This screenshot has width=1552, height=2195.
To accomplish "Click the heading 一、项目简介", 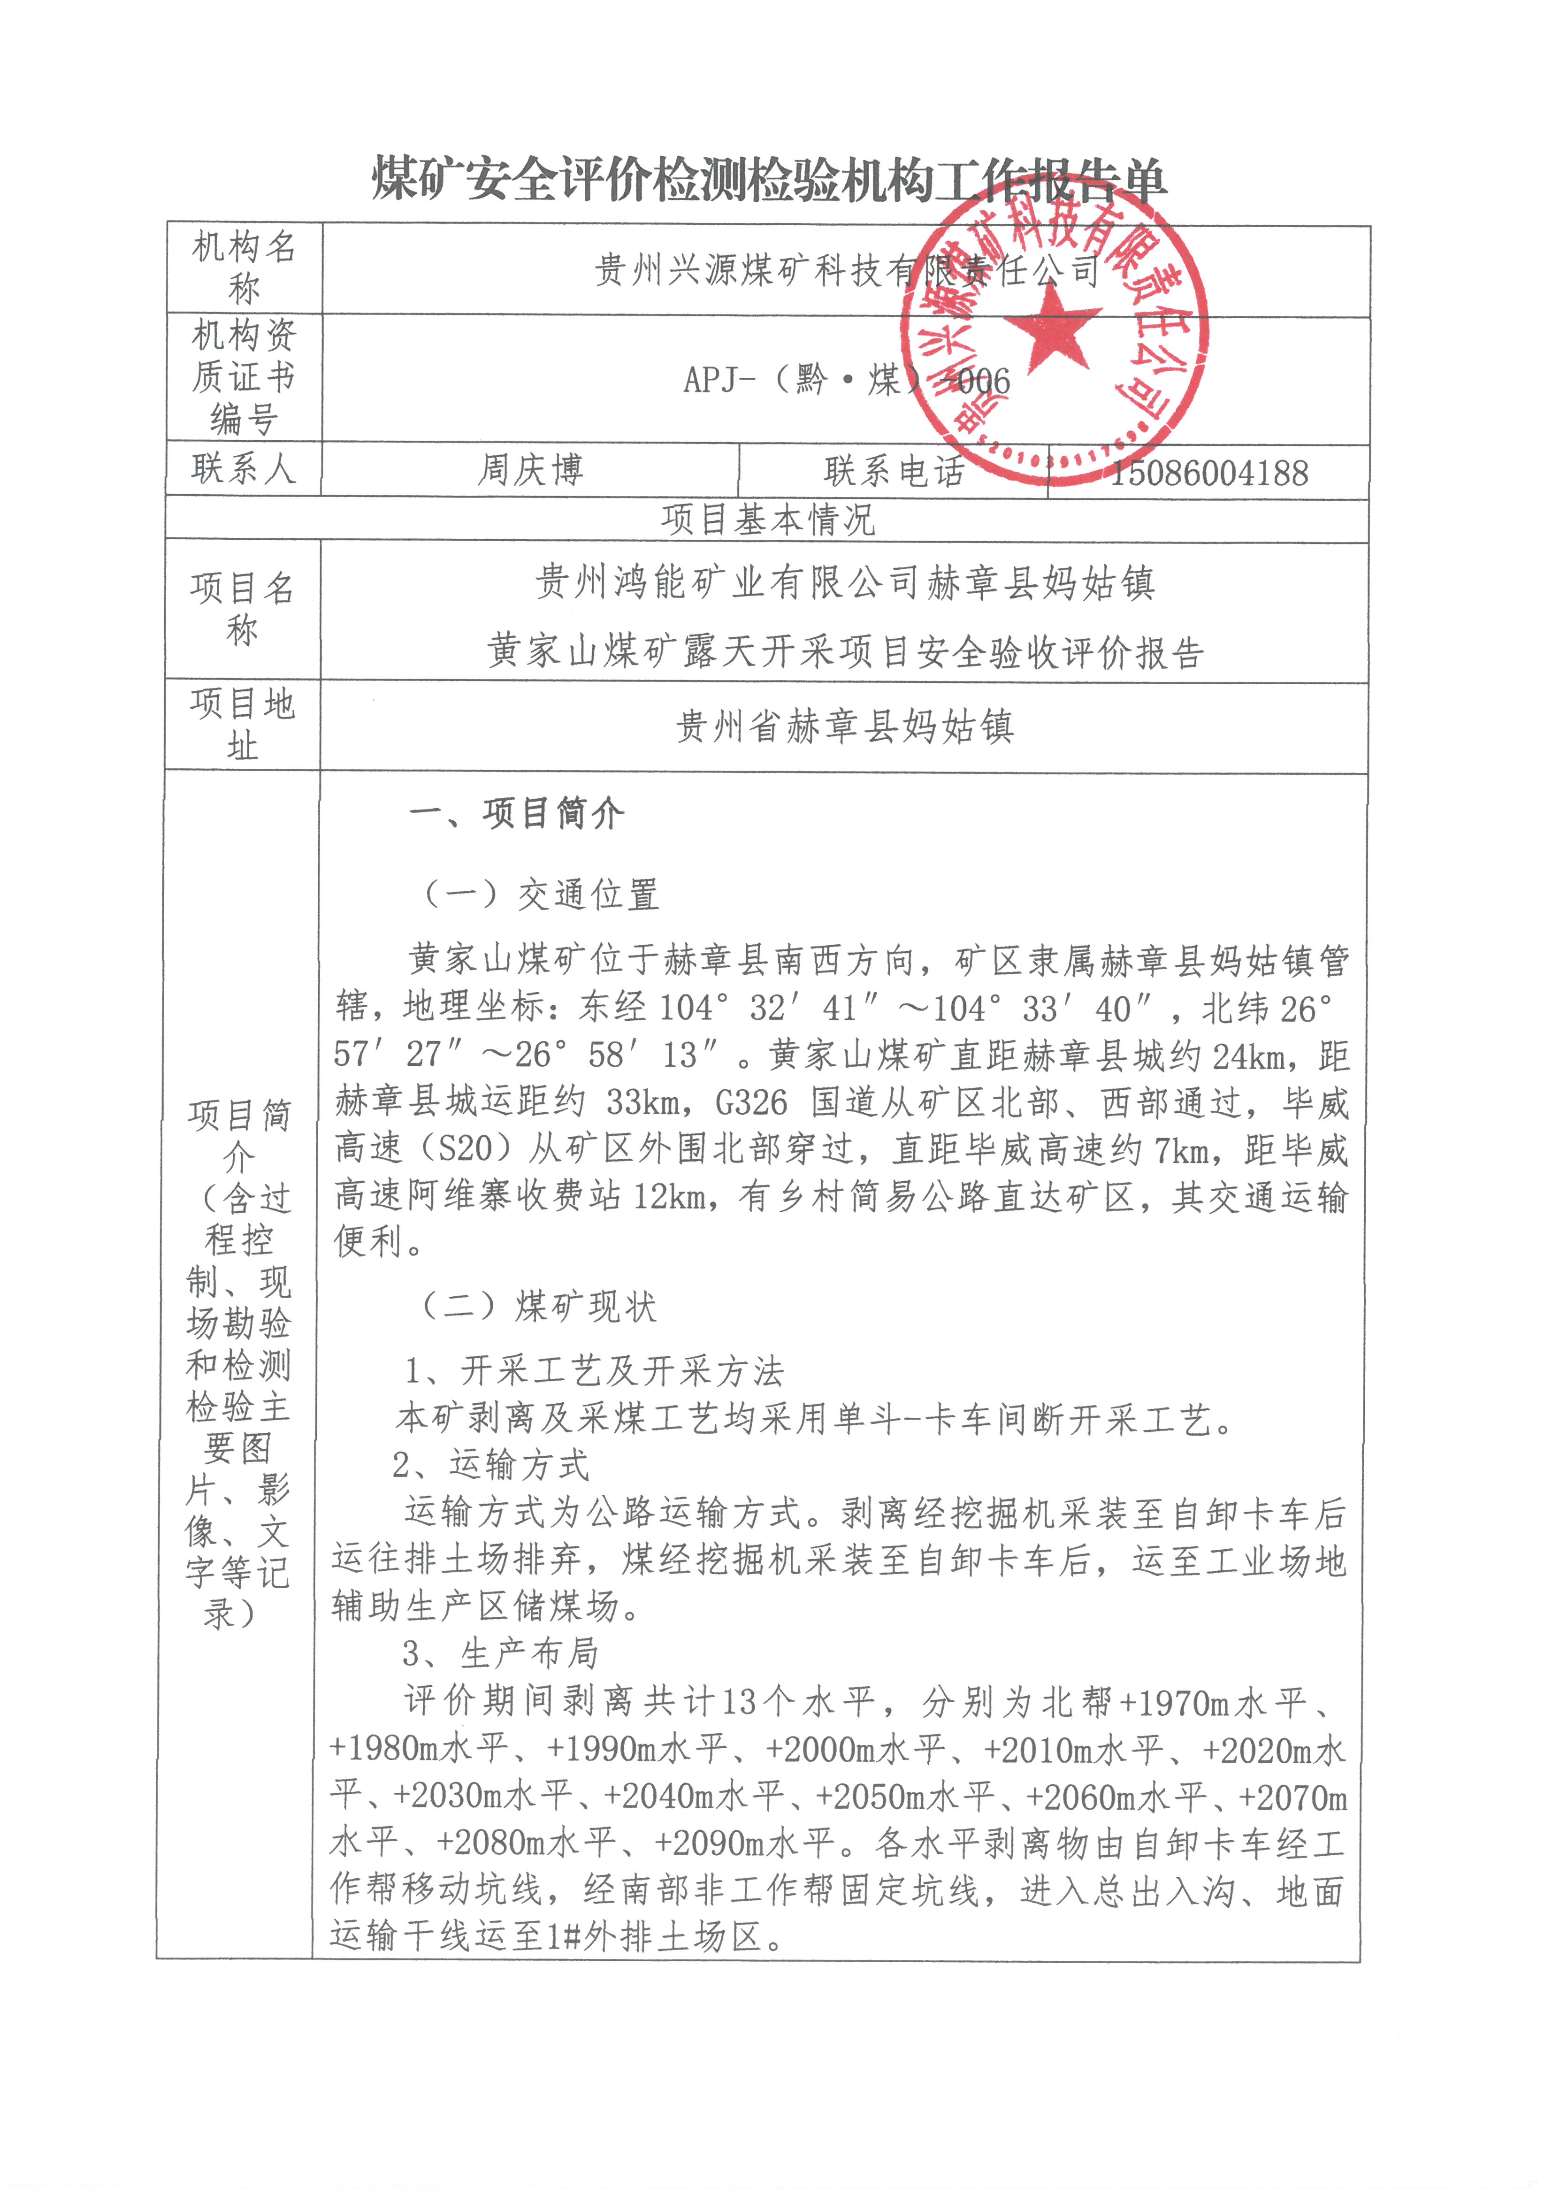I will tap(516, 814).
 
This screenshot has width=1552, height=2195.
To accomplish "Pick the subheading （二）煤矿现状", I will tap(538, 1306).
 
